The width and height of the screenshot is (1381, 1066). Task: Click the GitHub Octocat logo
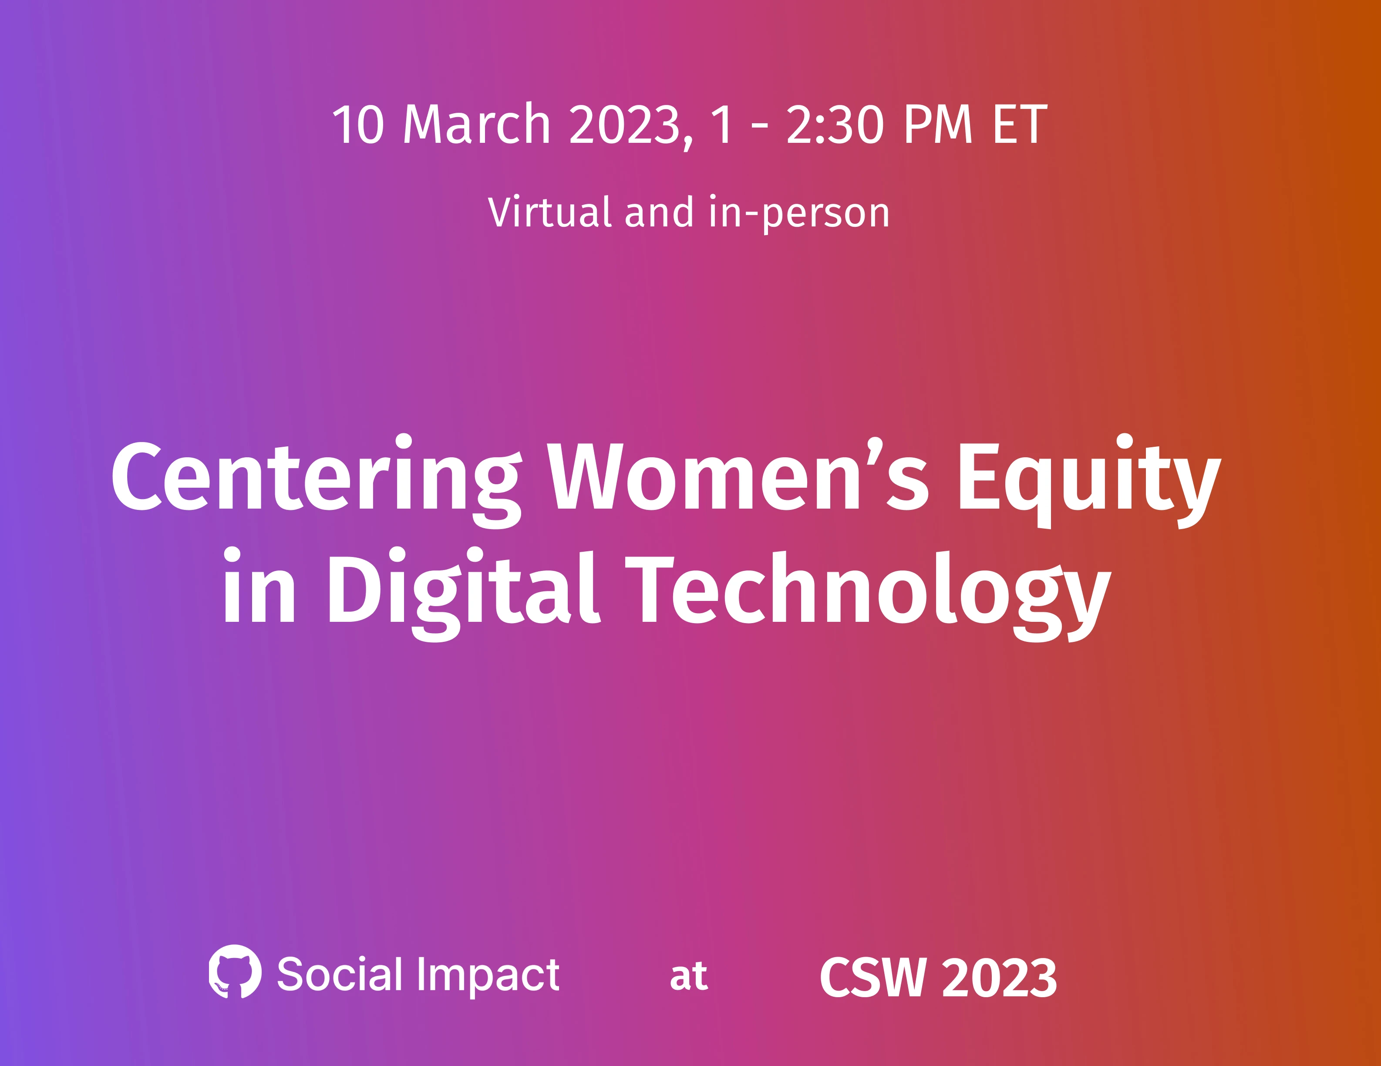[x=235, y=972]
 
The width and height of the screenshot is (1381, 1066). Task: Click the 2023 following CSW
[x=1000, y=978]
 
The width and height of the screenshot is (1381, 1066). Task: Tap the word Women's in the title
[x=738, y=476]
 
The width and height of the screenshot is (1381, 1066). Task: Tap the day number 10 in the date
[x=358, y=125]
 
